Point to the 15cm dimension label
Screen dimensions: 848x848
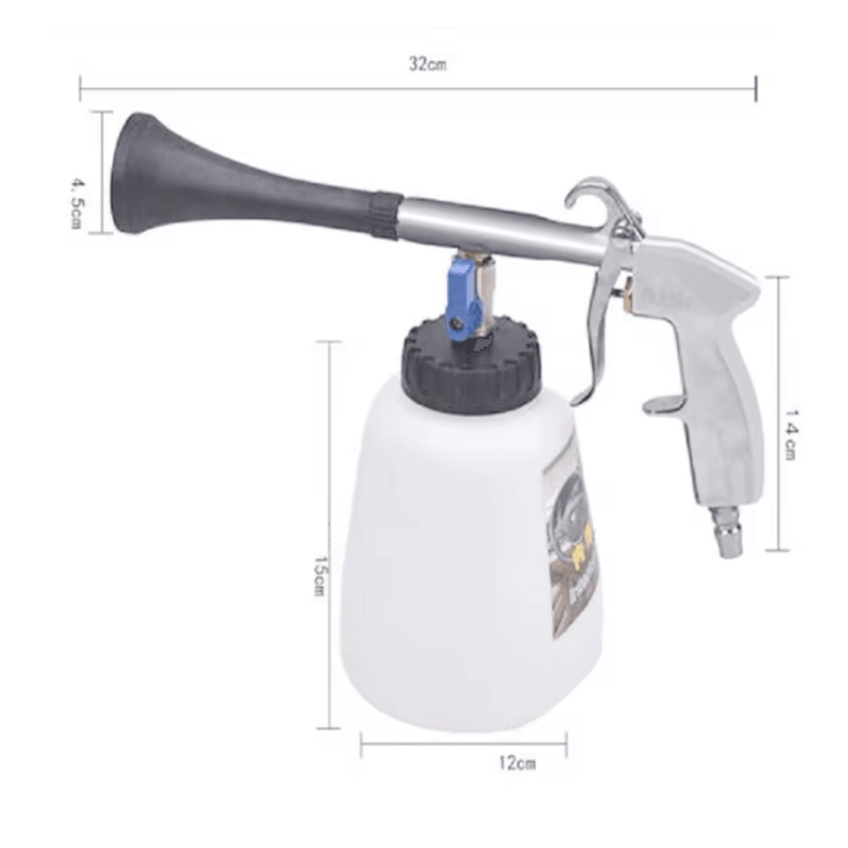pos(318,577)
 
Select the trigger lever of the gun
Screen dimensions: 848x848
pos(598,331)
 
